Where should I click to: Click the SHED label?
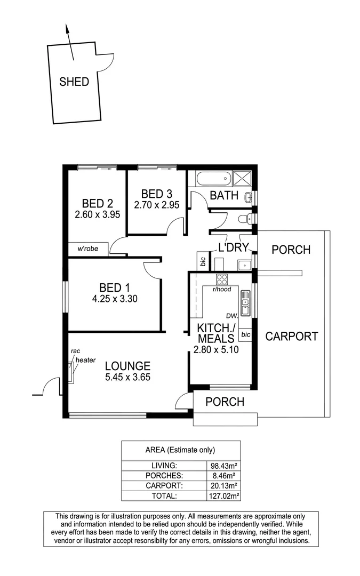(x=74, y=82)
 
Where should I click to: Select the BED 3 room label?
(x=156, y=194)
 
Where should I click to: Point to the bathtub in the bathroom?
(x=212, y=178)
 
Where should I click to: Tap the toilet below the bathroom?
(x=246, y=218)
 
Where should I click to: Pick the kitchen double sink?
(x=245, y=302)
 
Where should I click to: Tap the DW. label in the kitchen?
(x=231, y=315)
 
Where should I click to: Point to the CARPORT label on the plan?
(x=291, y=337)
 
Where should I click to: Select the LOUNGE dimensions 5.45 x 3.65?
(x=127, y=377)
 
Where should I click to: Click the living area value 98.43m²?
(x=223, y=466)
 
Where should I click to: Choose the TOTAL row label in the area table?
(x=162, y=495)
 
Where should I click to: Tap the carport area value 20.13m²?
(x=223, y=485)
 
